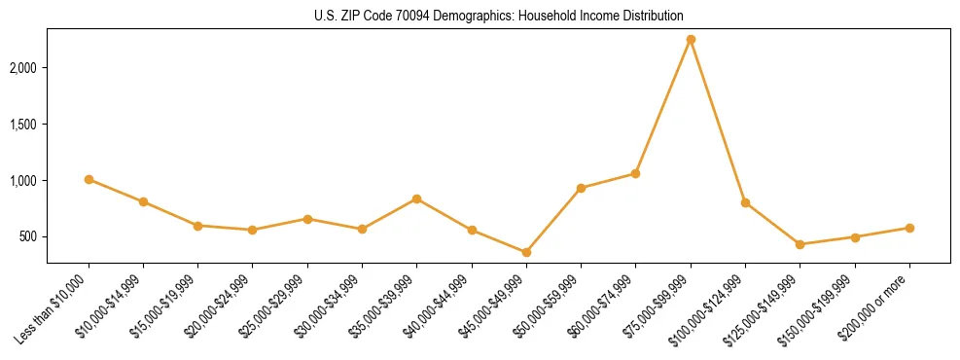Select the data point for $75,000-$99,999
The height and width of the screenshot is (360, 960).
(x=691, y=39)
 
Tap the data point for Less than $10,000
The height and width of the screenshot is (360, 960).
(x=89, y=179)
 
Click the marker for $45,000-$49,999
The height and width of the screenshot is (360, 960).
(x=526, y=252)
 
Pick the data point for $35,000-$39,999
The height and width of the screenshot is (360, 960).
(x=416, y=198)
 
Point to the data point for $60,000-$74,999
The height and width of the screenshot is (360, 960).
(x=635, y=173)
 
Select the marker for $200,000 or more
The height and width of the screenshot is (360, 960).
(x=909, y=228)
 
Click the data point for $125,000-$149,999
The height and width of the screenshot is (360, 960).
(x=800, y=244)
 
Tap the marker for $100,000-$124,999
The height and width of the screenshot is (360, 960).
(x=745, y=202)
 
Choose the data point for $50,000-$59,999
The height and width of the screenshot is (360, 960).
(x=581, y=188)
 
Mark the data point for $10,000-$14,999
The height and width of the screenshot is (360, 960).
(x=143, y=201)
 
